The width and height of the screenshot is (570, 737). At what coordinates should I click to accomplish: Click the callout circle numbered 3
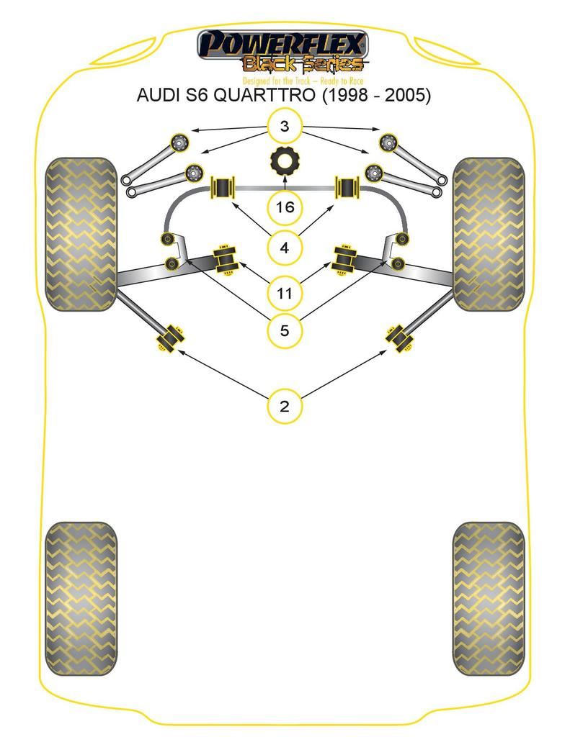coord(285,127)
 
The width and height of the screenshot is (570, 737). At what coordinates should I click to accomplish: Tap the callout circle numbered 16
coord(285,208)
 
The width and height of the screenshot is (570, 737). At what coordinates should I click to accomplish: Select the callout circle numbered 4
coord(285,248)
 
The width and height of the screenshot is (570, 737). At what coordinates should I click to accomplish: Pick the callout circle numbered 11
coord(285,294)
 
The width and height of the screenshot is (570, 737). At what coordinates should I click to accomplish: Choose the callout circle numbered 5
coord(285,331)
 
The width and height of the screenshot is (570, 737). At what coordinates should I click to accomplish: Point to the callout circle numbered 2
coord(285,406)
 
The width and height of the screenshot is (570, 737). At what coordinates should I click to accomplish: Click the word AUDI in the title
coord(159,95)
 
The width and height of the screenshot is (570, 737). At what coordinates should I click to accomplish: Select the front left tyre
coord(81,234)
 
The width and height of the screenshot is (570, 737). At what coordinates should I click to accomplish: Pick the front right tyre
coord(489,234)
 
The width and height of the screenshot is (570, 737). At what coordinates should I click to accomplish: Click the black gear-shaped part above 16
coord(285,161)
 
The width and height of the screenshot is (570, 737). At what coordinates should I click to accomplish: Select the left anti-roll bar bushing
coord(223,189)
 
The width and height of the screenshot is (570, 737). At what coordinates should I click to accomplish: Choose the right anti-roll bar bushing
coord(348,189)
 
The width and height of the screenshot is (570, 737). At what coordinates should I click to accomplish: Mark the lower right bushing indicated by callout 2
coord(399,337)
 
